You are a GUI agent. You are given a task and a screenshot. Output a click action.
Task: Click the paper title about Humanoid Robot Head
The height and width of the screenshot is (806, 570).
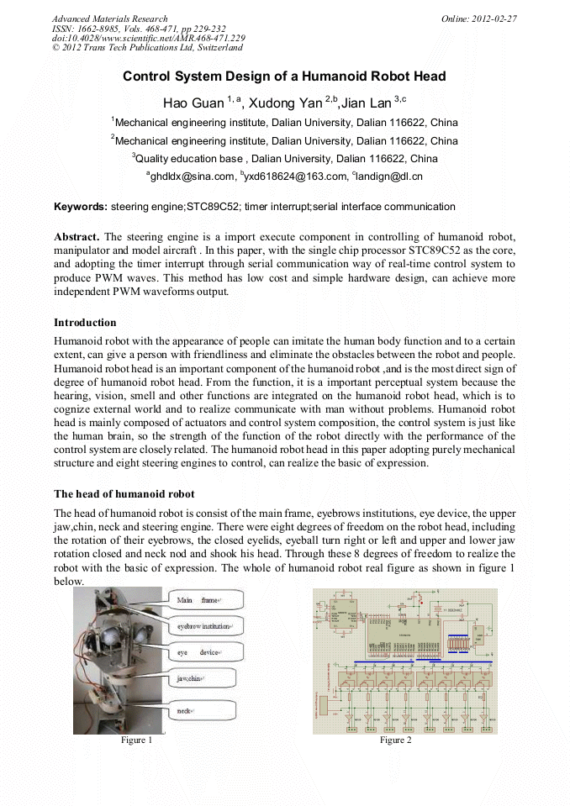[x=284, y=76]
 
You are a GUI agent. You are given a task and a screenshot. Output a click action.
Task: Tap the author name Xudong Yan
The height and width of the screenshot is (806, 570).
[x=288, y=103]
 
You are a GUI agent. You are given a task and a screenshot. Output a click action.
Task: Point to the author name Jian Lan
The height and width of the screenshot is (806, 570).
[x=367, y=103]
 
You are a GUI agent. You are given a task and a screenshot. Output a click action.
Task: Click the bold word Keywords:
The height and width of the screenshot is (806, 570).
[x=81, y=207]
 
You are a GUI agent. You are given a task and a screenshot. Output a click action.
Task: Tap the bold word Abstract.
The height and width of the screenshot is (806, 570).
[x=77, y=239]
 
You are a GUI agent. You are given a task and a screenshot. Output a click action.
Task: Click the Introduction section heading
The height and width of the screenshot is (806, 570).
[x=85, y=323]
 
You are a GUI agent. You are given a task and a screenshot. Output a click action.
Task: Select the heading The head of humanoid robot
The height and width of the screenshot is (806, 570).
[x=124, y=493]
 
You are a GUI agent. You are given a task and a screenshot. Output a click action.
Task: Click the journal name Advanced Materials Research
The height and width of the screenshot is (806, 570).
[x=109, y=18]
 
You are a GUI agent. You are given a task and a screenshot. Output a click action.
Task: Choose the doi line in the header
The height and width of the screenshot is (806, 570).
[x=149, y=39]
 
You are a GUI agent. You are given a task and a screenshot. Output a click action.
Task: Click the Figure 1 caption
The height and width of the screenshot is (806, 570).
[x=136, y=740]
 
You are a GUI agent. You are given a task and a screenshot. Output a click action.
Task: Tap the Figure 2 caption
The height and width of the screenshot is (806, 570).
[x=395, y=740]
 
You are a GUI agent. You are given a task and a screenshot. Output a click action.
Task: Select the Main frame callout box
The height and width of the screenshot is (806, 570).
[x=206, y=600]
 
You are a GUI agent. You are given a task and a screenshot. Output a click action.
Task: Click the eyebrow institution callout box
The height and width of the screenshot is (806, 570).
[x=206, y=627]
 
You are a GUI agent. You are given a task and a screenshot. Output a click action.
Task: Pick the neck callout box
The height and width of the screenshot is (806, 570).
[x=206, y=711]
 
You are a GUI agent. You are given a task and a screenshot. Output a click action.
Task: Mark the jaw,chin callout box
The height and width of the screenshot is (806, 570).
[x=206, y=677]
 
